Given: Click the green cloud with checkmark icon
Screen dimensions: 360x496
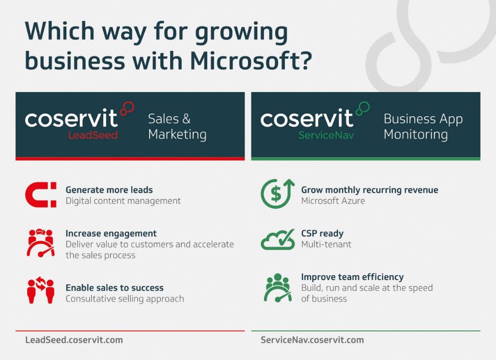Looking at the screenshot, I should (x=278, y=239).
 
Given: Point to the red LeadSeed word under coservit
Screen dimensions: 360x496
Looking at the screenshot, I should (x=93, y=135).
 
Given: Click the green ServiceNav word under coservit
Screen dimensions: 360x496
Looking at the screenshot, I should (x=326, y=135).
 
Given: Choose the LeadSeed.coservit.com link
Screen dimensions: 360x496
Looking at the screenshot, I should (x=74, y=340).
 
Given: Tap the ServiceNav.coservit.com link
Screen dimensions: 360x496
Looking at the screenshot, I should (x=312, y=340).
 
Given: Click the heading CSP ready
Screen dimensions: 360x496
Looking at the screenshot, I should (x=322, y=234).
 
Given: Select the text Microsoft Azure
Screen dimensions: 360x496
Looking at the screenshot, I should (x=333, y=201).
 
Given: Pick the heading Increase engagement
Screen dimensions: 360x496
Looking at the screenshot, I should (x=111, y=234).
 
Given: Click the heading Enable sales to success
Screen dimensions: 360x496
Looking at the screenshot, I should (x=114, y=288).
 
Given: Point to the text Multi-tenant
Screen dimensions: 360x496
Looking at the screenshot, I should (x=326, y=244).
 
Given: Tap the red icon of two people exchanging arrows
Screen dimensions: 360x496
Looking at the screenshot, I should (x=40, y=291).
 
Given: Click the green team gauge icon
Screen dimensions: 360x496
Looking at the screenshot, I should (x=278, y=287).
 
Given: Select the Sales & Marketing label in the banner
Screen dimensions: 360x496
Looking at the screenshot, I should (x=177, y=126).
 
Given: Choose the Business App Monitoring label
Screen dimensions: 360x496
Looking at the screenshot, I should (x=423, y=126).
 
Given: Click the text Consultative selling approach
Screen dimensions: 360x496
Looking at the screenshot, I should (x=124, y=298).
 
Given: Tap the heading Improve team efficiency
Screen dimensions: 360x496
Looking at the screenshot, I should (x=352, y=277).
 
